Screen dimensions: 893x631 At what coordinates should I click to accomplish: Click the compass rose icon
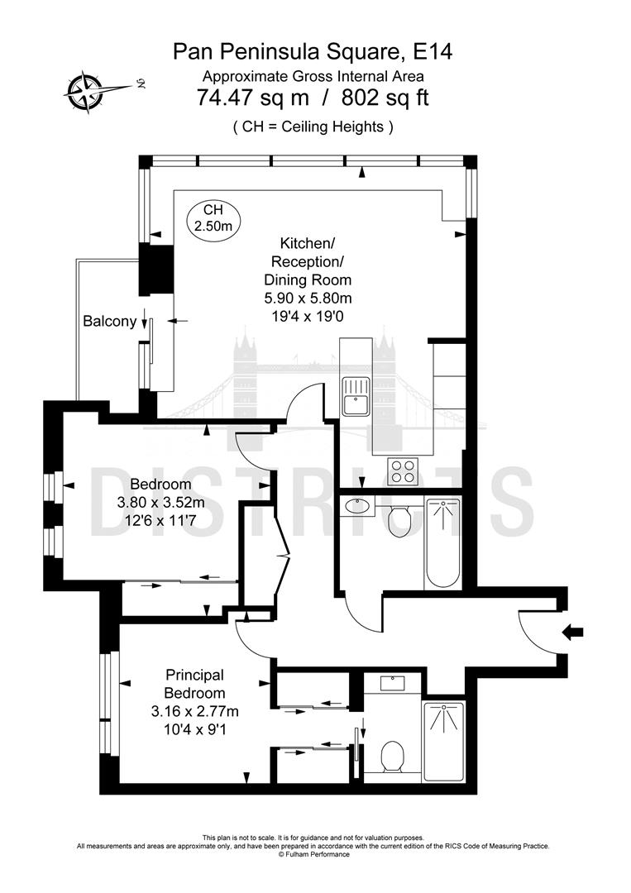[85, 88]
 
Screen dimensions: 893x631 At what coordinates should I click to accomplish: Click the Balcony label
[109, 322]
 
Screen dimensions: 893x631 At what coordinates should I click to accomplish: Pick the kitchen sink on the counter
[356, 395]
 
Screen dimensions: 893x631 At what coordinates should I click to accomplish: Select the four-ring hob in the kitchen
[403, 471]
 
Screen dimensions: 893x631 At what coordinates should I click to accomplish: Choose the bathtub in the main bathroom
[442, 543]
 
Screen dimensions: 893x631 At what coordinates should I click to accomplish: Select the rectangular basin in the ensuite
[391, 683]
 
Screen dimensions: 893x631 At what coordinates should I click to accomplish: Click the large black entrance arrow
[571, 633]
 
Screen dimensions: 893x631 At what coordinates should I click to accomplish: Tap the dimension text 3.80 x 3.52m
[161, 502]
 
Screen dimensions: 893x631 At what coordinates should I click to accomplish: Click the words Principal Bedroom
[194, 684]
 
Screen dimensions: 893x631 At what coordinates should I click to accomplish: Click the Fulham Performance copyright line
[313, 854]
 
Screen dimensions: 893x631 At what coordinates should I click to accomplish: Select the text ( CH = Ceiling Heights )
[313, 127]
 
